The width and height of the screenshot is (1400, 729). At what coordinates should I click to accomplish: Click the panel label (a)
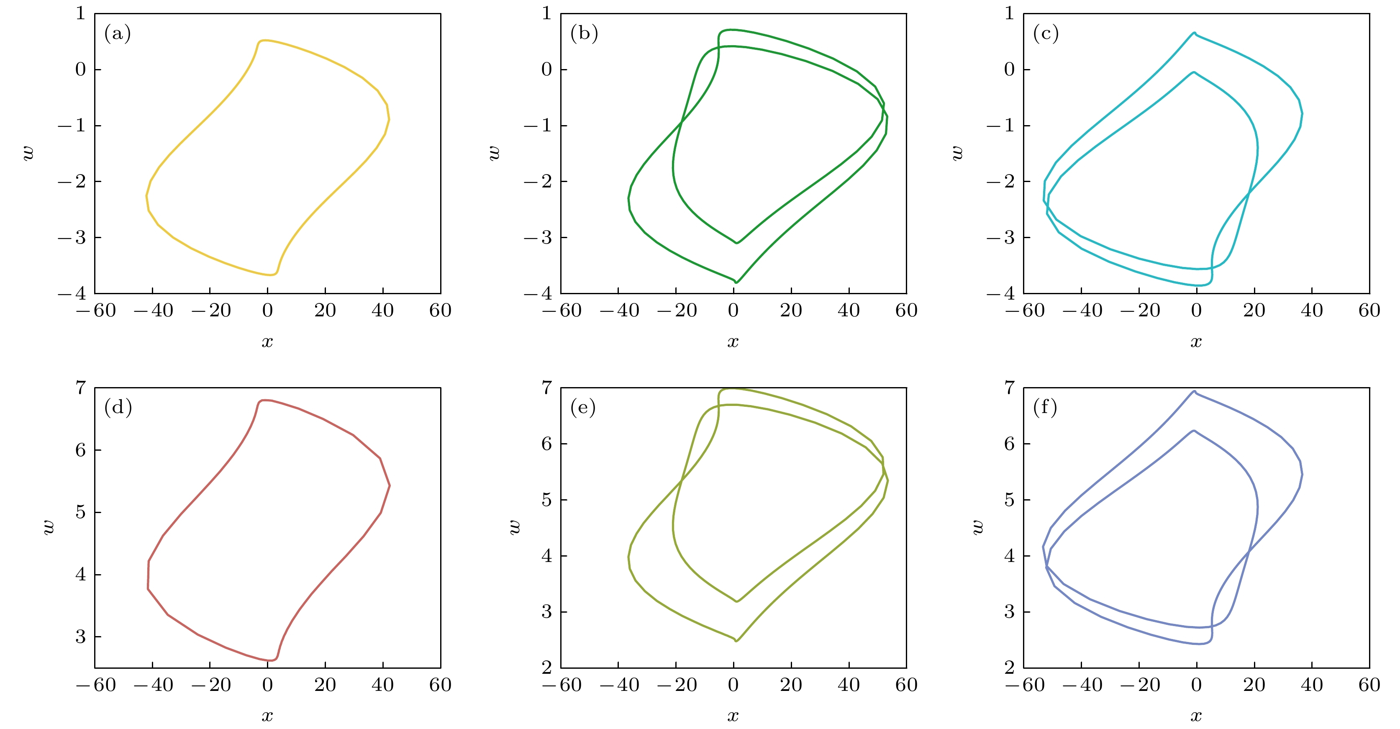(118, 34)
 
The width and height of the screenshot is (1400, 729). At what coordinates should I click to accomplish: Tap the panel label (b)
(584, 34)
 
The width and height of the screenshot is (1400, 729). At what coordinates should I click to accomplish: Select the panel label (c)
(1046, 34)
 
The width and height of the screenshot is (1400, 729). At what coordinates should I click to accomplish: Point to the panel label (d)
(118, 407)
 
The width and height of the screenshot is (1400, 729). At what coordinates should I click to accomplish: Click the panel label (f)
(1045, 407)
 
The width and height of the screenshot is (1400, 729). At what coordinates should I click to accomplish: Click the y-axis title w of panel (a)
(28, 153)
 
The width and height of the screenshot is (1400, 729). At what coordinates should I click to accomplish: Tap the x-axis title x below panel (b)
(733, 342)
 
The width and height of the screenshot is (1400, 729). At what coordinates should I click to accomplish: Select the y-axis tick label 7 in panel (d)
(80, 388)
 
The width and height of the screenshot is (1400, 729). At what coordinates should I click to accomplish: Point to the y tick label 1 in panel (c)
(1009, 13)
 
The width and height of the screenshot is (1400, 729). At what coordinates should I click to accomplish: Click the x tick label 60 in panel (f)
(1369, 684)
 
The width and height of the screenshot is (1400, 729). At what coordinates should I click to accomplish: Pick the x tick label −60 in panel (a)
(96, 311)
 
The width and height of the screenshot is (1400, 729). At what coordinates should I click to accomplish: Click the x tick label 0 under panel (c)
(1196, 311)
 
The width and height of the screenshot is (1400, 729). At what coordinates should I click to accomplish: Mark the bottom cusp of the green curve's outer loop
(736, 282)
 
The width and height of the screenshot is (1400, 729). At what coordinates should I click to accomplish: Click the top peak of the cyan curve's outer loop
(1194, 33)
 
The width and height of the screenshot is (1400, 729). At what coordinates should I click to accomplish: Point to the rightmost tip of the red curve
(390, 485)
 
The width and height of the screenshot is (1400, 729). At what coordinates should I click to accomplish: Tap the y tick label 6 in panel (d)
(80, 449)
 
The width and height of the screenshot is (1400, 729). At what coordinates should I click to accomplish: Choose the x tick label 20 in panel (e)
(791, 684)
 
